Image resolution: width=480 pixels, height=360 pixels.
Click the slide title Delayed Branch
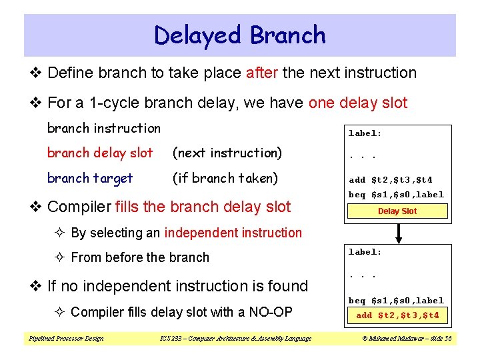point(239,35)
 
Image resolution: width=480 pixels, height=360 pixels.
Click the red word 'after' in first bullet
point(262,73)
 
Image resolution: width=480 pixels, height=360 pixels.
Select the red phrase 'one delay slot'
point(358,103)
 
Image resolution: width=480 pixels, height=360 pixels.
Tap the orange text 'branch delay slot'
point(100,153)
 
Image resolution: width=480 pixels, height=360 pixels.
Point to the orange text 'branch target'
point(90,178)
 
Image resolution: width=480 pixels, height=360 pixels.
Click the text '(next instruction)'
point(227,153)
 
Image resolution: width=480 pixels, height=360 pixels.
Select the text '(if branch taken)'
point(225,178)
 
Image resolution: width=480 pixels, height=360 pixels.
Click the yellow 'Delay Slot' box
point(397,211)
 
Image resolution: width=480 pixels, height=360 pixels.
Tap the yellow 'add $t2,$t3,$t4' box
point(397,315)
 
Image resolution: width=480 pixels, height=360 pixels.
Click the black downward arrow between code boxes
point(398,233)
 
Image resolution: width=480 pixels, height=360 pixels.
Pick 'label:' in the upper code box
point(365,133)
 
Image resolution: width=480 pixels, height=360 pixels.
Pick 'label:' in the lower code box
point(365,252)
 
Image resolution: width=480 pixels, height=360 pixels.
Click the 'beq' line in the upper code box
point(396,195)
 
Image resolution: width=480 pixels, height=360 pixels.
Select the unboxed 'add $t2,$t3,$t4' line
point(391,180)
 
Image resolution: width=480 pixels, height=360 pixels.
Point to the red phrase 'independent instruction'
point(233,233)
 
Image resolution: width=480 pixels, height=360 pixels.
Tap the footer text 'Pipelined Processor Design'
point(66,339)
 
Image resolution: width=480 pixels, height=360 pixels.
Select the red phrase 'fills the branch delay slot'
point(203,207)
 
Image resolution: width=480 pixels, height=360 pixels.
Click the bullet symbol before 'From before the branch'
point(61,258)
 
